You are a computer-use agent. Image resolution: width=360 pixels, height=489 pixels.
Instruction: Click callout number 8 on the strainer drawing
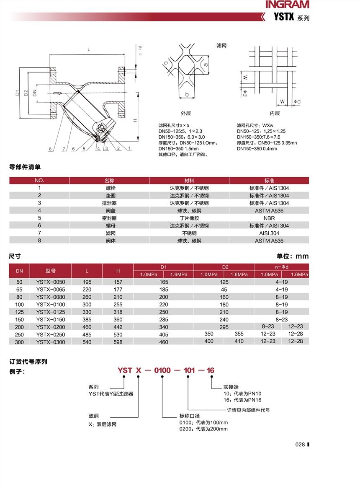(50, 149)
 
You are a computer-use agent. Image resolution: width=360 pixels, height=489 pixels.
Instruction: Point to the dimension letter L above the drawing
(88, 49)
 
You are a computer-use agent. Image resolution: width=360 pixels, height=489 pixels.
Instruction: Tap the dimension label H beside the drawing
(135, 120)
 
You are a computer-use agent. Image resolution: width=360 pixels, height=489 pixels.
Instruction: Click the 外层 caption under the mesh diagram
(185, 114)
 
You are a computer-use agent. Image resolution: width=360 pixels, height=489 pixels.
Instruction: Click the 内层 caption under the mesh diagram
(275, 114)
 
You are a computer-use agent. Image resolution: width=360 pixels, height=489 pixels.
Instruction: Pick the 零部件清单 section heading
(25, 167)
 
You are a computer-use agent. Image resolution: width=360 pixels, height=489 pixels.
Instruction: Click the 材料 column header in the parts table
(189, 180)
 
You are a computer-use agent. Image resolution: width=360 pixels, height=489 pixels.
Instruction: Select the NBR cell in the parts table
(269, 218)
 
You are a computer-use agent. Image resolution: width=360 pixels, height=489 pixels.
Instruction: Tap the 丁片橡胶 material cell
(189, 218)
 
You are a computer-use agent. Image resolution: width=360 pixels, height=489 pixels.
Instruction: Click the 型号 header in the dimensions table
(51, 271)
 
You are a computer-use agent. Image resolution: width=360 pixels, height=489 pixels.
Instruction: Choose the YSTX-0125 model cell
(51, 312)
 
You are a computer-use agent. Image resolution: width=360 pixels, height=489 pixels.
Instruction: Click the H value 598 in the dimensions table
(118, 342)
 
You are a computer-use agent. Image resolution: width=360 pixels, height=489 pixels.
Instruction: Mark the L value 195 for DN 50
(87, 282)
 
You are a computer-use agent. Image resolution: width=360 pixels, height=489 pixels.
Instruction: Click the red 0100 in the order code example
(162, 370)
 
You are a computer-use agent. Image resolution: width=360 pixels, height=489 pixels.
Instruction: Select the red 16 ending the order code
(211, 370)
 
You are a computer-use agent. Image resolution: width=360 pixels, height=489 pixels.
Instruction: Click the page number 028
(300, 445)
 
